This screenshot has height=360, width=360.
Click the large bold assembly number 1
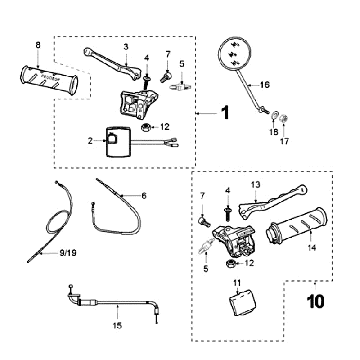226,113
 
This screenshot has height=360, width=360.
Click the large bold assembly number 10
315,301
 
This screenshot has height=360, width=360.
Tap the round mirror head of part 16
234,54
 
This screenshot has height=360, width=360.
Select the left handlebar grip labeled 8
49,80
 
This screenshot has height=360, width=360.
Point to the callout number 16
264,85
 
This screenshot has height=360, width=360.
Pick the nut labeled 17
283,119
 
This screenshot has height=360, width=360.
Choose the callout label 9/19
68,253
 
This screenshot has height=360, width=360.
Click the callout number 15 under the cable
117,326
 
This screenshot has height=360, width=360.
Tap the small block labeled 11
241,302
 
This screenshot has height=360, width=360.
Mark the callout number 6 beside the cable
144,196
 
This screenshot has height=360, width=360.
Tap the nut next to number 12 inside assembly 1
145,127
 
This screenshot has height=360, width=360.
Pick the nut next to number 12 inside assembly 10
230,264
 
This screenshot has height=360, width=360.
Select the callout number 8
38,45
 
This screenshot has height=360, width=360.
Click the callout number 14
312,248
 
